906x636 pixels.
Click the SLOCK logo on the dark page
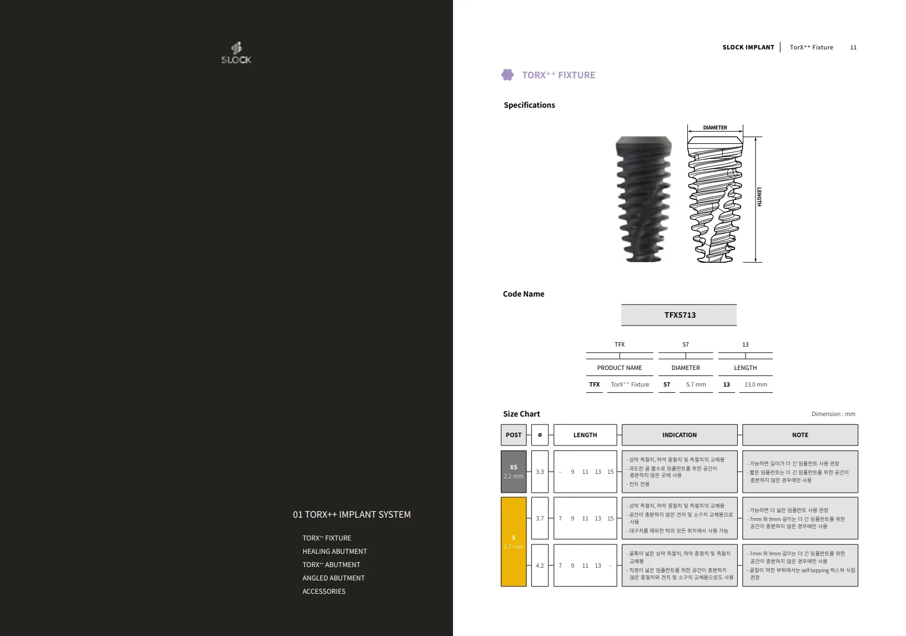pos(236,53)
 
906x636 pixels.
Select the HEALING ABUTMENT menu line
pos(335,551)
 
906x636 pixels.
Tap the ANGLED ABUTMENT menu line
pos(333,578)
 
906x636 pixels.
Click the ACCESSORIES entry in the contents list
pos(324,591)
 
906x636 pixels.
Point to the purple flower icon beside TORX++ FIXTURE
pos(507,75)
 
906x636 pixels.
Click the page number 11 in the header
pos(853,47)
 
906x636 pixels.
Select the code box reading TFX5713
pos(679,315)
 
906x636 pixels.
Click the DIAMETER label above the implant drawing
pos(714,127)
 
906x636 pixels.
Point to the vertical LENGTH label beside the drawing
pos(759,197)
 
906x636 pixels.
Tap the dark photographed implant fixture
pos(643,199)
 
